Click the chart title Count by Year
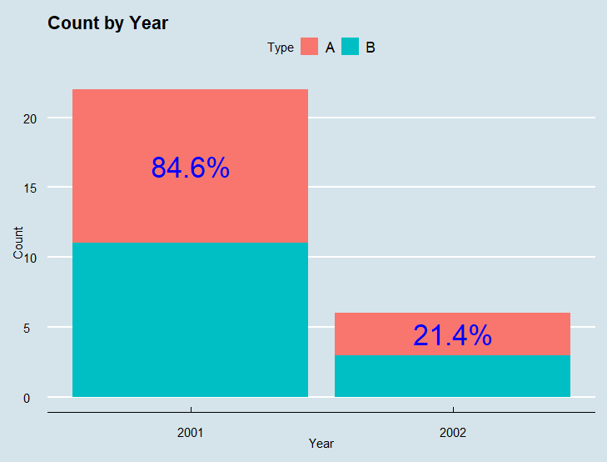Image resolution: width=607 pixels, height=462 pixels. [x=107, y=23]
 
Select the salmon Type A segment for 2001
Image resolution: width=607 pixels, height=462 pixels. [x=190, y=166]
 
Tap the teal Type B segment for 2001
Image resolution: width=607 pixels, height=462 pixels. [x=190, y=319]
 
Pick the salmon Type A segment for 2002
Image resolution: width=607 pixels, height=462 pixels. [x=452, y=334]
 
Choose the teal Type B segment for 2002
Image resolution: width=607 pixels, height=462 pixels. [x=452, y=376]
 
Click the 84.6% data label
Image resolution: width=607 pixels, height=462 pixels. [x=190, y=168]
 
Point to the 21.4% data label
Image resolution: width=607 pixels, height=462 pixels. [x=452, y=335]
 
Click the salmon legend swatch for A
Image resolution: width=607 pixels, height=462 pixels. [x=309, y=47]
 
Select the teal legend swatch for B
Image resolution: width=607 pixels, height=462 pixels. [x=350, y=47]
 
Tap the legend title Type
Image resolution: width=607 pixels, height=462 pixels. [x=281, y=48]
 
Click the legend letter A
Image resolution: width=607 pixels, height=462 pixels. [x=330, y=48]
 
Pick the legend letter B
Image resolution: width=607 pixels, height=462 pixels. [x=370, y=48]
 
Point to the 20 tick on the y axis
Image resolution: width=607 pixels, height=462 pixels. [x=30, y=119]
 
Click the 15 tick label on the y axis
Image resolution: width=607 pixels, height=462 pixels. [x=30, y=188]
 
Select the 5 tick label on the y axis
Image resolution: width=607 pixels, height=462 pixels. [x=27, y=329]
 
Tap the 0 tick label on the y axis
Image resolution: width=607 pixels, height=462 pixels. [x=27, y=399]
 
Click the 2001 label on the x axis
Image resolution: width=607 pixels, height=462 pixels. [x=190, y=433]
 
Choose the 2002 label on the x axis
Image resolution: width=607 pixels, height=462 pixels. [x=452, y=433]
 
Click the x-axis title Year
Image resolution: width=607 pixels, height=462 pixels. [x=321, y=444]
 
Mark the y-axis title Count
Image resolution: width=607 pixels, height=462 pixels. [x=18, y=243]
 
